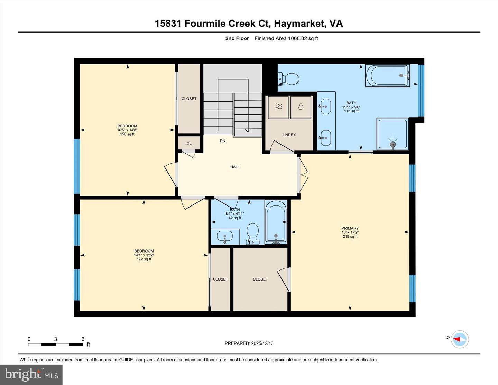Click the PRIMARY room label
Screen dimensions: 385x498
point(350,228)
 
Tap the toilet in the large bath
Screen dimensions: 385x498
point(289,79)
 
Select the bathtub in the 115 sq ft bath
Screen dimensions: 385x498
point(387,76)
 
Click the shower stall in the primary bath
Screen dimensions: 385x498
point(393,134)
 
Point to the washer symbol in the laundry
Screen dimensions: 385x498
point(278,107)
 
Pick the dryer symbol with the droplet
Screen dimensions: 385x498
point(301,107)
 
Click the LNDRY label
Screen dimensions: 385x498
point(289,135)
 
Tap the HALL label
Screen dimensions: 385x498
point(235,167)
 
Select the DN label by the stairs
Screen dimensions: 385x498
point(223,141)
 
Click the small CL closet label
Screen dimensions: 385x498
point(189,143)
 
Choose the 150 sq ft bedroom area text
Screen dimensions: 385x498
point(127,134)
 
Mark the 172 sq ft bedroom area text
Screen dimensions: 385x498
point(144,259)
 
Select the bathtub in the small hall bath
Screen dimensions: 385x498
point(276,222)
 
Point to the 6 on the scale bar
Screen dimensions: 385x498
point(83,339)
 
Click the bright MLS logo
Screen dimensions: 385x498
point(31,375)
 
